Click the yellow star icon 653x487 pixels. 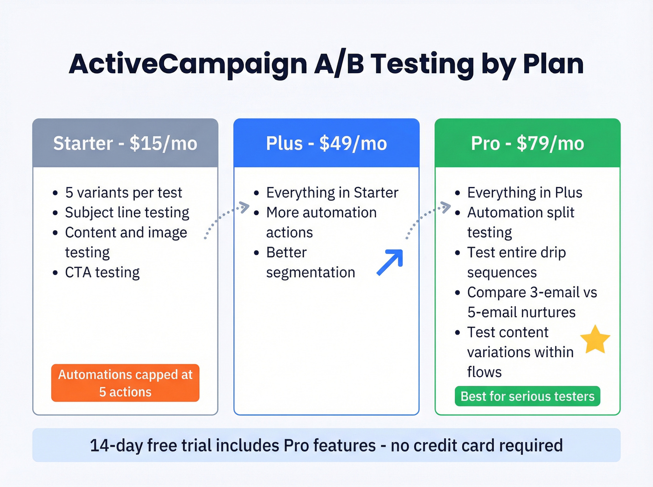pyautogui.click(x=595, y=339)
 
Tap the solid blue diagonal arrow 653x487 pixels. pyautogui.click(x=390, y=262)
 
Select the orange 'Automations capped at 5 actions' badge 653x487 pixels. pyautogui.click(x=125, y=383)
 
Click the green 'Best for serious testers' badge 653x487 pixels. pyautogui.click(x=528, y=396)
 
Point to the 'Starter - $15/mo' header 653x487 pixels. pyautogui.click(x=125, y=143)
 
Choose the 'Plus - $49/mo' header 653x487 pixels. pyautogui.click(x=326, y=143)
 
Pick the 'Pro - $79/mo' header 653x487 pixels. pyautogui.click(x=528, y=143)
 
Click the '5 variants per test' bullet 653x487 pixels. pyautogui.click(x=124, y=192)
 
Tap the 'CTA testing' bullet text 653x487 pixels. pyautogui.click(x=102, y=272)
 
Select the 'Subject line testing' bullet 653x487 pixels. pyautogui.click(x=127, y=213)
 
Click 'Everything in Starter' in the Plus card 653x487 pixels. pyautogui.click(x=332, y=192)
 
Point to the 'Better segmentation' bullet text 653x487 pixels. pyautogui.click(x=310, y=262)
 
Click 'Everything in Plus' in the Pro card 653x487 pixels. pyautogui.click(x=525, y=192)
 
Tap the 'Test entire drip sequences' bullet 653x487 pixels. pyautogui.click(x=516, y=262)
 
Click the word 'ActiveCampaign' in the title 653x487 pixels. pyautogui.click(x=188, y=64)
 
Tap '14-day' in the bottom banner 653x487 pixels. pyautogui.click(x=116, y=446)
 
